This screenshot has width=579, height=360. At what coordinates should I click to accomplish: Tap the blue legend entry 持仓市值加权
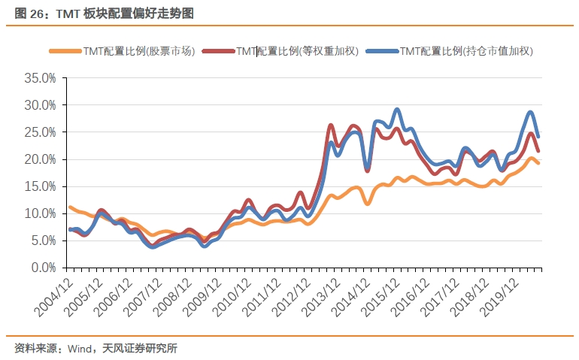(x=466, y=51)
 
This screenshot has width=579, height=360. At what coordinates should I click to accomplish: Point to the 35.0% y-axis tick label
(x=40, y=78)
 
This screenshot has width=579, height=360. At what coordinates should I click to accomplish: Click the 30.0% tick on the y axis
(x=40, y=105)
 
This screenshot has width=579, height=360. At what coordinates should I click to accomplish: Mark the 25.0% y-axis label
(x=40, y=132)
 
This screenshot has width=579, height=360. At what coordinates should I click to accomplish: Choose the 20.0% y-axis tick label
(x=40, y=159)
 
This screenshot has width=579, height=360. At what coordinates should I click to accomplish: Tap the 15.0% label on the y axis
(x=40, y=186)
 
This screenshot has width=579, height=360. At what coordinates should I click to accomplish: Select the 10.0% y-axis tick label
(x=40, y=213)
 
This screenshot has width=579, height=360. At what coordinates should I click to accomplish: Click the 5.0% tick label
(x=43, y=241)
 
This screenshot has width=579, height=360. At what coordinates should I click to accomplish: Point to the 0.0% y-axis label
(x=43, y=268)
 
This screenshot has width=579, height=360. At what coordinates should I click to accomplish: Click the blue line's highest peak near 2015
(x=397, y=110)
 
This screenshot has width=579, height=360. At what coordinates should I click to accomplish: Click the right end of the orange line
(x=538, y=163)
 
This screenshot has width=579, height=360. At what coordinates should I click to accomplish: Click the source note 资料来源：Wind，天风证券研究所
(x=96, y=348)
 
